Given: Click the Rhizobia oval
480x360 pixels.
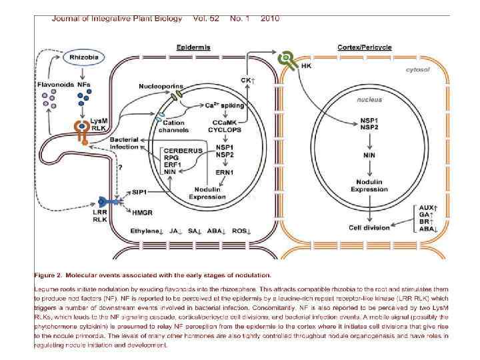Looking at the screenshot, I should (x=85, y=58).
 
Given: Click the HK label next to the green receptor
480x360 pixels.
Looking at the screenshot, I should (x=307, y=66).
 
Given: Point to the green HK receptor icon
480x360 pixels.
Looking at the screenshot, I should (x=287, y=59).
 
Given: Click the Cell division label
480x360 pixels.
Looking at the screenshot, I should (x=369, y=227).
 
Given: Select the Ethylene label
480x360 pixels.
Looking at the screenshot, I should (x=146, y=231).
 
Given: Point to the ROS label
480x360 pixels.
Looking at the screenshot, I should (x=238, y=231).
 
